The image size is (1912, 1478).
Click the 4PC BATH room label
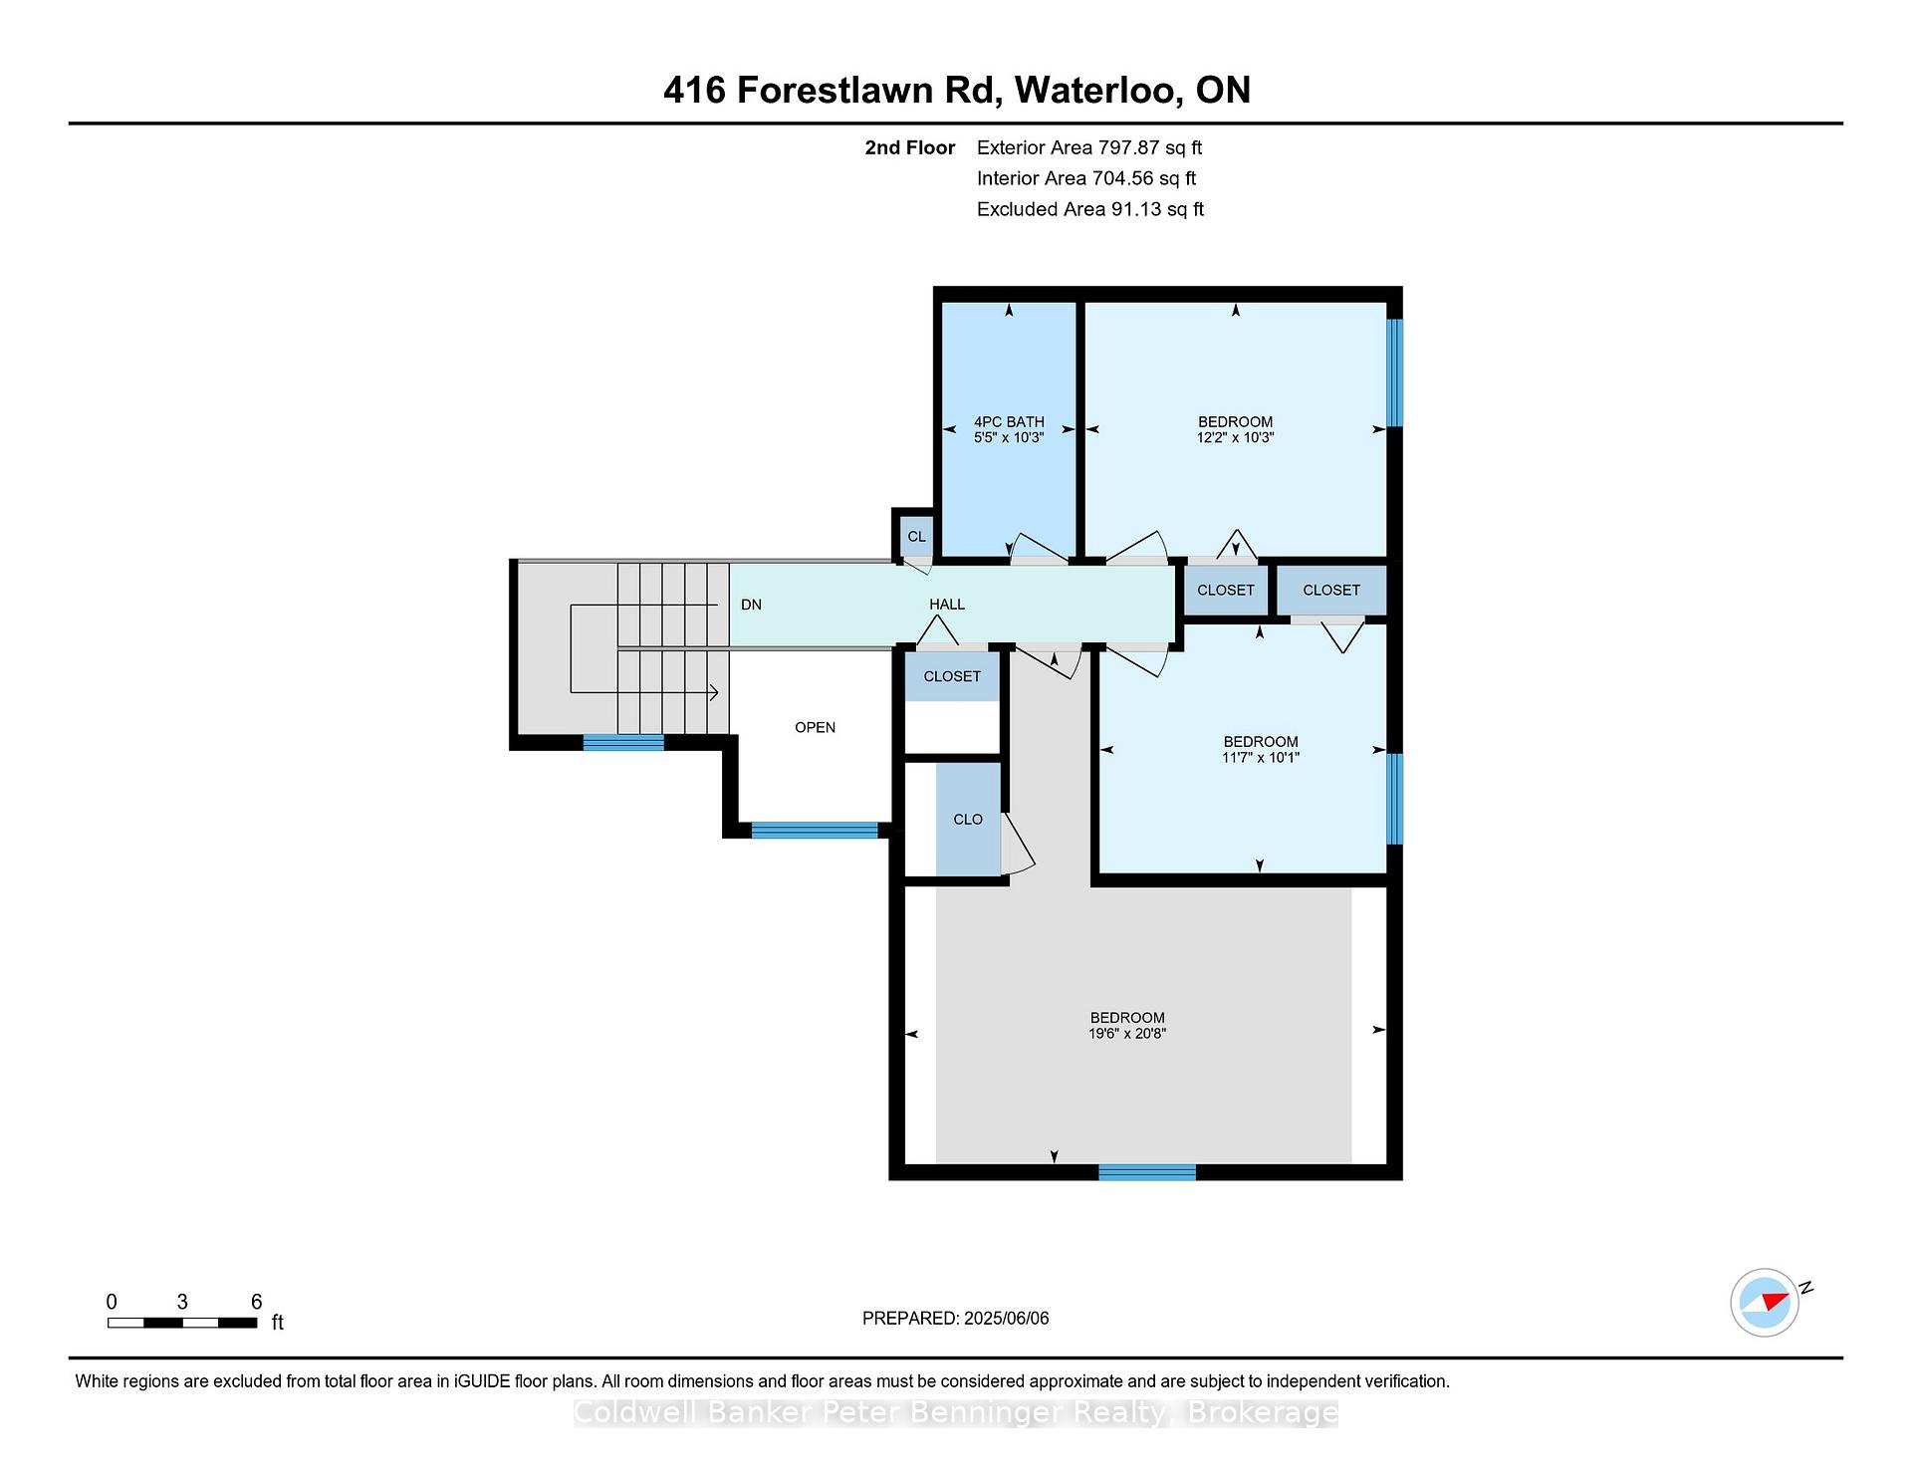click(1009, 422)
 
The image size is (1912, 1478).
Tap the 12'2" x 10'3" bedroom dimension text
click(1235, 437)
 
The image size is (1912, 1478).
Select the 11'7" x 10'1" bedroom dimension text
click(1261, 757)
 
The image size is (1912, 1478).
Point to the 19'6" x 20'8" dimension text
click(1127, 1034)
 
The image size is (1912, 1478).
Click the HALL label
click(947, 605)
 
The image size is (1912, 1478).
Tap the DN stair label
click(751, 605)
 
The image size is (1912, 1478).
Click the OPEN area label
click(815, 728)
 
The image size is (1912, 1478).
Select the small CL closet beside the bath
click(916, 537)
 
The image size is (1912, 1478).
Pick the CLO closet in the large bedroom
click(968, 820)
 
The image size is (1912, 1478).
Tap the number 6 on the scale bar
click(256, 1302)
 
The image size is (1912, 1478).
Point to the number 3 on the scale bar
click(182, 1302)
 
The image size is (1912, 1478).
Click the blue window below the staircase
click(623, 742)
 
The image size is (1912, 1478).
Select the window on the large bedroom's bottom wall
click(1147, 1172)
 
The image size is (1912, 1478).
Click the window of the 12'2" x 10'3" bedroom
click(1395, 372)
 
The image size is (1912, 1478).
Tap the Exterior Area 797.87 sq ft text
click(1089, 147)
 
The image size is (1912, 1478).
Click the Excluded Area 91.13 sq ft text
click(1090, 209)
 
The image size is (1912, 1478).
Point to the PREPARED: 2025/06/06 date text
click(956, 1319)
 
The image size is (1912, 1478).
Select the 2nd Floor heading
click(910, 147)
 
